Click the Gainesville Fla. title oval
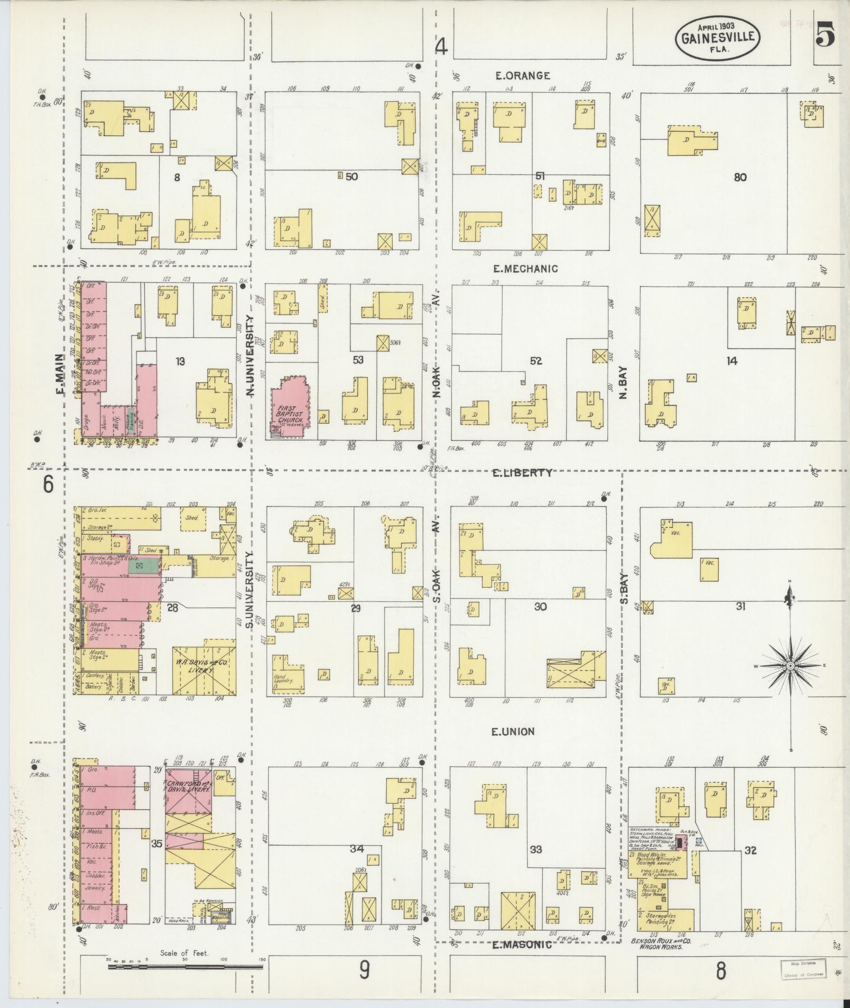[718, 38]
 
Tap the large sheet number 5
[825, 37]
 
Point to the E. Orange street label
[522, 76]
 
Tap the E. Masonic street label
[521, 945]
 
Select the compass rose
[790, 666]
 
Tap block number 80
[740, 177]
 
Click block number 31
[740, 606]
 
